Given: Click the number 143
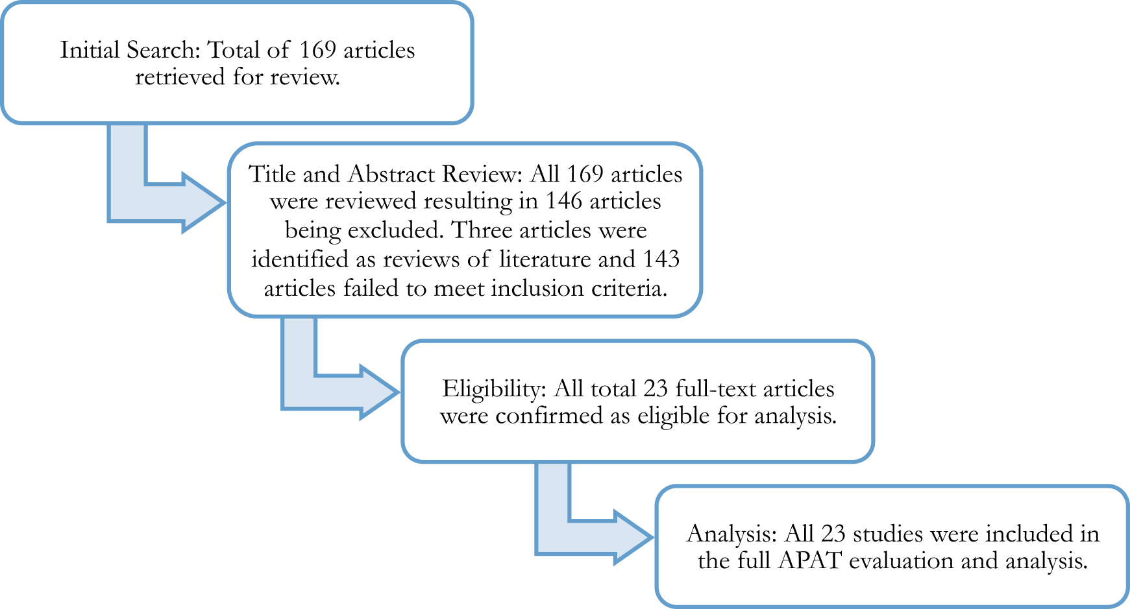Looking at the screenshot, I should [661, 259].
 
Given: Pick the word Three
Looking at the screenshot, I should [482, 231].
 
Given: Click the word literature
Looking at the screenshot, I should [545, 259].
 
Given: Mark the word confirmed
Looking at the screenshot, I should [550, 416].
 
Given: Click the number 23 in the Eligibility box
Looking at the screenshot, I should [656, 389].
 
